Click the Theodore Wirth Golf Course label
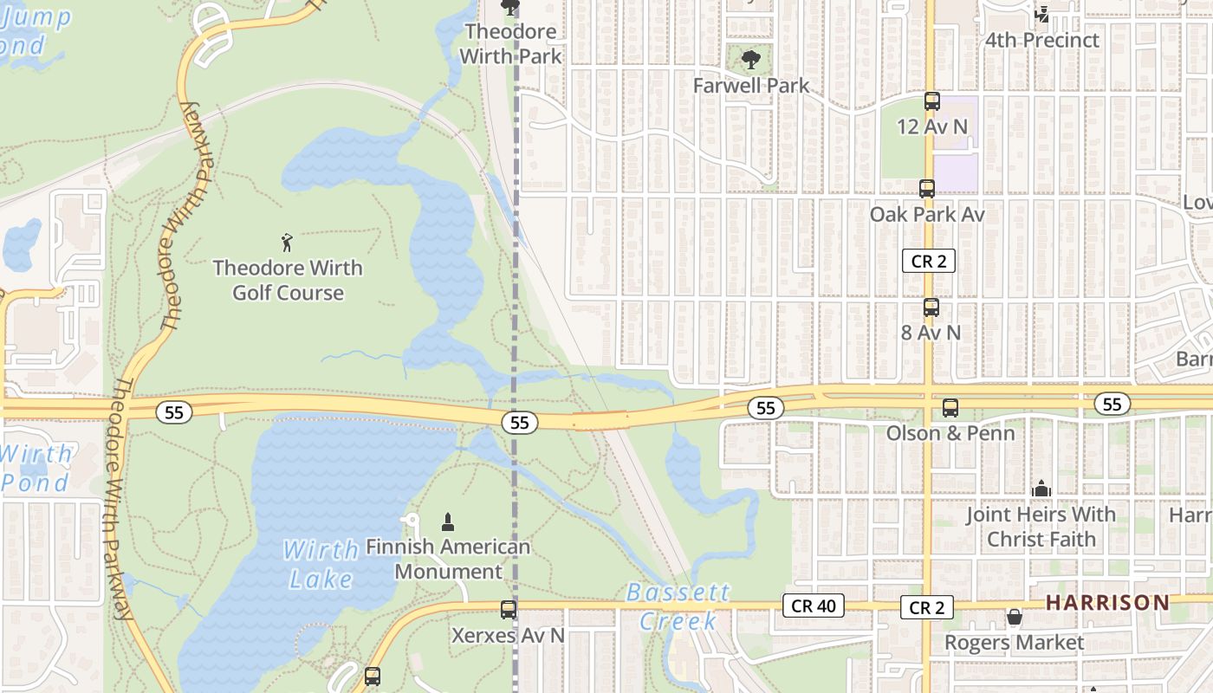pos(288,280)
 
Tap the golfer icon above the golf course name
pos(288,243)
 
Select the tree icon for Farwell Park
pos(751,60)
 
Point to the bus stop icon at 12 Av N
pos(932,101)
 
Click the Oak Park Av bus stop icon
pos(927,188)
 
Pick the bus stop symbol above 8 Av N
pos(931,307)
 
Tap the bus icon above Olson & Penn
pos(950,407)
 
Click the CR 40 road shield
pos(813,606)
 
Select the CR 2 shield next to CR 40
pos(926,607)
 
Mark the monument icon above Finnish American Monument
pos(448,521)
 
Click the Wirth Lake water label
pos(321,563)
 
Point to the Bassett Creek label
pos(678,606)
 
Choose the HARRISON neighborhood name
pos(1107,602)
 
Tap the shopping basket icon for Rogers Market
pos(1014,617)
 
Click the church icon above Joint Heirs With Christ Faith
pos(1041,489)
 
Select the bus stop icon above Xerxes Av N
pos(509,609)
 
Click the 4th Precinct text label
pos(1041,40)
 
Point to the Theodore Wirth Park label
pos(511,43)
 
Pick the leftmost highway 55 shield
pos(174,412)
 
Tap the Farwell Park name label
pos(751,85)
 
